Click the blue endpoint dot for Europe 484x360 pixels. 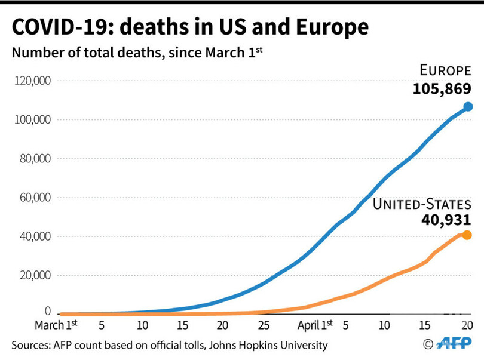click(x=468, y=107)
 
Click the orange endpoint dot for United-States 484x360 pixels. click(x=467, y=235)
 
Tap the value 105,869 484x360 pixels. click(x=442, y=89)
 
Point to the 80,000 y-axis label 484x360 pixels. click(x=34, y=158)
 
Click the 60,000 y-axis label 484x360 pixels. click(x=34, y=197)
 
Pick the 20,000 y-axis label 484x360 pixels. click(x=34, y=275)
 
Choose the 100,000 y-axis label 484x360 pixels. click(x=32, y=119)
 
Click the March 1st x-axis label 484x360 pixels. click(x=56, y=325)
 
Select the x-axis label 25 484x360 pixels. click(x=263, y=325)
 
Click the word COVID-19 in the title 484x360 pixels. click(x=57, y=27)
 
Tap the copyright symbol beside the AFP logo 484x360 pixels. click(x=427, y=343)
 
